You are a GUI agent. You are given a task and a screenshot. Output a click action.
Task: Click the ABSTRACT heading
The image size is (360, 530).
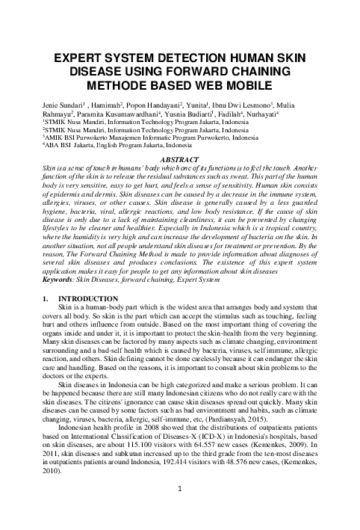(179, 160)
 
